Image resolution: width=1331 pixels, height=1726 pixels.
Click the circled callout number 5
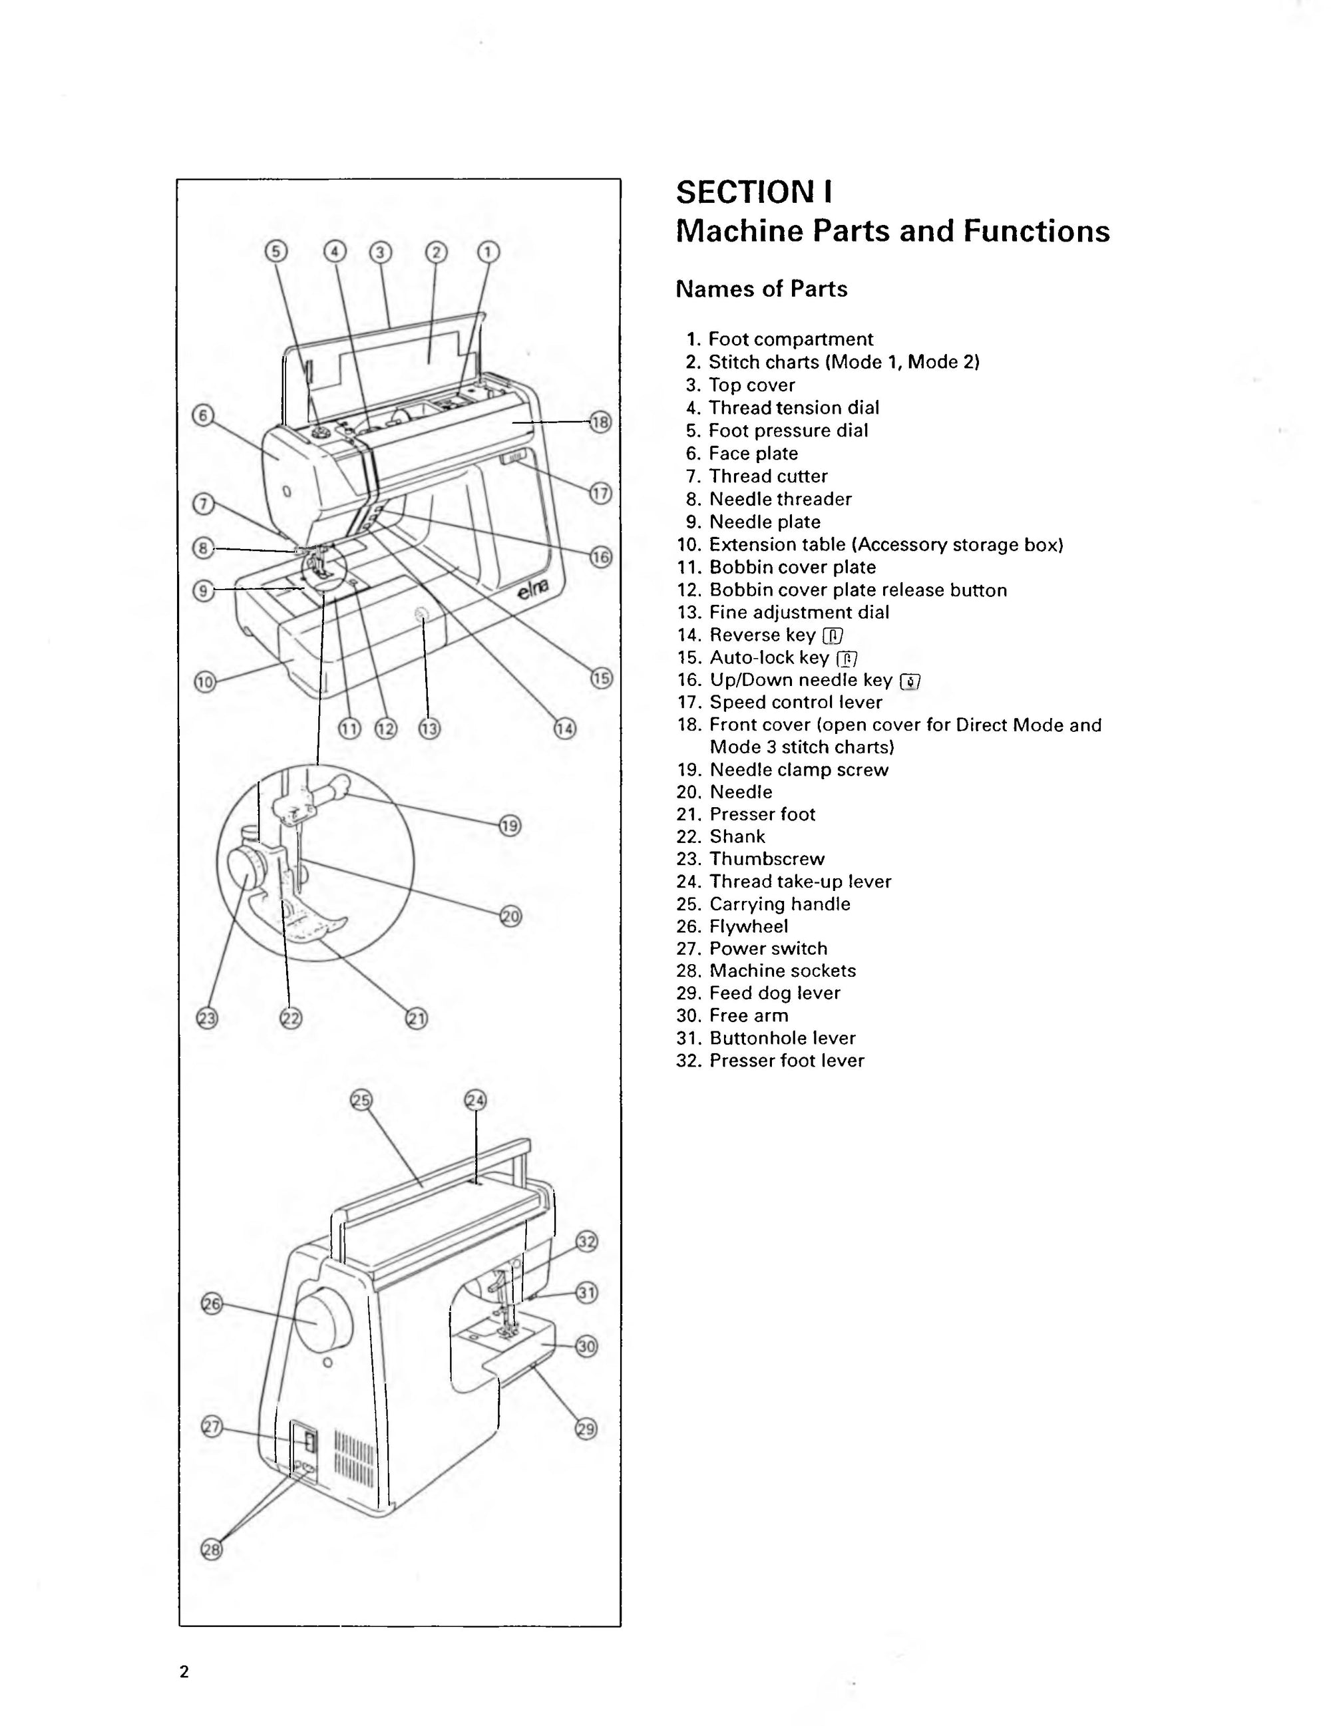point(275,252)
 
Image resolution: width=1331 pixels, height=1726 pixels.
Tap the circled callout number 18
point(601,422)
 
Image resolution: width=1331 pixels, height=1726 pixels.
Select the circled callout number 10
point(205,682)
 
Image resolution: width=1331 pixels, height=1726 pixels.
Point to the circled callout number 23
point(206,1019)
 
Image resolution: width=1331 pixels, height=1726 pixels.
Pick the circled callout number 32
point(586,1242)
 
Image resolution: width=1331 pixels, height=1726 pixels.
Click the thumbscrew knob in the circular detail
point(248,867)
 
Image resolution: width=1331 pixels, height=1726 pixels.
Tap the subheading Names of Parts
point(761,289)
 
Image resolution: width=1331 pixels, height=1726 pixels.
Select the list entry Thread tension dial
point(793,408)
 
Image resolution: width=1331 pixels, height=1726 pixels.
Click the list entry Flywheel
point(748,926)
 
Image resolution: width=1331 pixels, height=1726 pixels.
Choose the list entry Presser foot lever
point(787,1061)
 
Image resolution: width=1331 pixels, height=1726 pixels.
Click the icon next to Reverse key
point(833,635)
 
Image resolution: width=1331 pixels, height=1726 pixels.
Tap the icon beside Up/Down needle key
point(910,681)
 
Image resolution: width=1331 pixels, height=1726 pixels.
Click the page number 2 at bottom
point(184,1671)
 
